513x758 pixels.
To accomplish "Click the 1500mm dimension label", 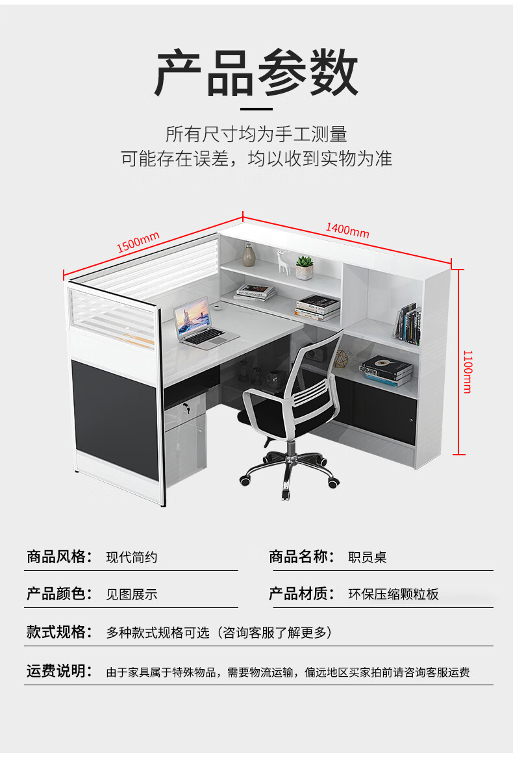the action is pos(138,242).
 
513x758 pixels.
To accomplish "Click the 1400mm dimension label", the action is pos(347,229).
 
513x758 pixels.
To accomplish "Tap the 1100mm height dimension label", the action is pos(467,371).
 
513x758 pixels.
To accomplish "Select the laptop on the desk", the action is pos(199,325).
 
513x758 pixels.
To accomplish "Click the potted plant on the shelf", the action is pos(304,267).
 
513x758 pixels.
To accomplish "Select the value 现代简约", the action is pos(132,557).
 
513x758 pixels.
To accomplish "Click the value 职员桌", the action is pos(368,557).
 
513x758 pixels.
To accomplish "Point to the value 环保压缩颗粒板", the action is pos(394,594).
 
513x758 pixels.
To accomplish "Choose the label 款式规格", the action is pos(56,632).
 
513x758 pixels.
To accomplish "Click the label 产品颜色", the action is pos(56,594).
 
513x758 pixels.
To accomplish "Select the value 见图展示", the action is pos(132,594).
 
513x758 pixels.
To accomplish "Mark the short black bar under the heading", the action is pos(256,108).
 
